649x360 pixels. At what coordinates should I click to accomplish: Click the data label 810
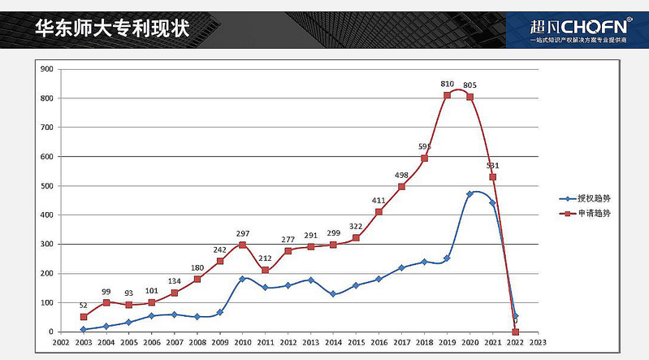pos(447,84)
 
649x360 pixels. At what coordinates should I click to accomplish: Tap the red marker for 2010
pos(242,245)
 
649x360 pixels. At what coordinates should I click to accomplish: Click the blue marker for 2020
pos(469,194)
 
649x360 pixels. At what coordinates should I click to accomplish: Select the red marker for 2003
pos(83,317)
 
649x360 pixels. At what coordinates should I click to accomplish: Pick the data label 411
pos(379,200)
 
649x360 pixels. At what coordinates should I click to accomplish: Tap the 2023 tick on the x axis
pos(538,343)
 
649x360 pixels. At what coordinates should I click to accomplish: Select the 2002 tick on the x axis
pos(60,343)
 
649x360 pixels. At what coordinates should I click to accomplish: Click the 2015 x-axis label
pos(356,343)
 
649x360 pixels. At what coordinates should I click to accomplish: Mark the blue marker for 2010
pos(242,279)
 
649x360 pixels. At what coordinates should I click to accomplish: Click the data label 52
pos(83,305)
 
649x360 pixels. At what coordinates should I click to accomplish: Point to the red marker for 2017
pos(401,186)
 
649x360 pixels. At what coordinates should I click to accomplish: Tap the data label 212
pos(265,258)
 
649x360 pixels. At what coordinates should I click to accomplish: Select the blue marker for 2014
pos(333,294)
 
